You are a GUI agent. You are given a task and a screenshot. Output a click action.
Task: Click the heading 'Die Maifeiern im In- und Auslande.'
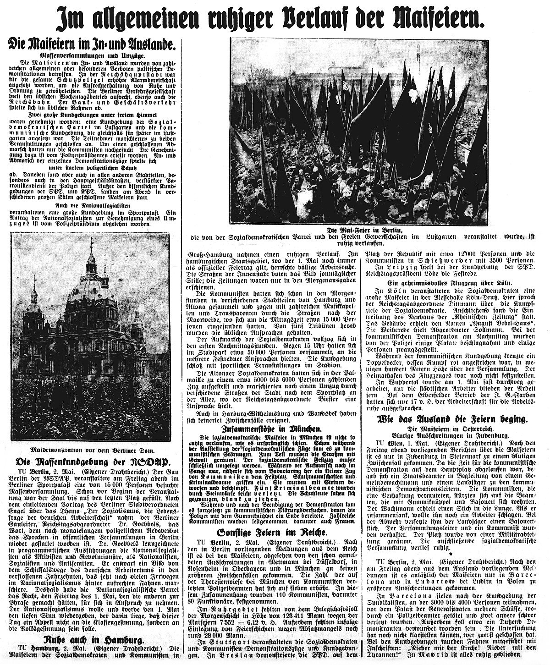92,45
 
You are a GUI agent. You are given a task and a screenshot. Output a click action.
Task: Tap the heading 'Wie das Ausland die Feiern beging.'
452,419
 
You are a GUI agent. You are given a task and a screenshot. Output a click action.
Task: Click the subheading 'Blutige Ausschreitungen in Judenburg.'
452,434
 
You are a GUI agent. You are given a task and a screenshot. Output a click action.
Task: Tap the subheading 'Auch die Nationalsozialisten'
92,206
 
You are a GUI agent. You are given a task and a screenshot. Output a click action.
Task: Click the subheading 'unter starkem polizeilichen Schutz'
92,169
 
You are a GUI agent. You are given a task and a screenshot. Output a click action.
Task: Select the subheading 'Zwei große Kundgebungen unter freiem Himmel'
92,115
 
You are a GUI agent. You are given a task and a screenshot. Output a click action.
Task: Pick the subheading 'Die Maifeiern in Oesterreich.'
452,428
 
